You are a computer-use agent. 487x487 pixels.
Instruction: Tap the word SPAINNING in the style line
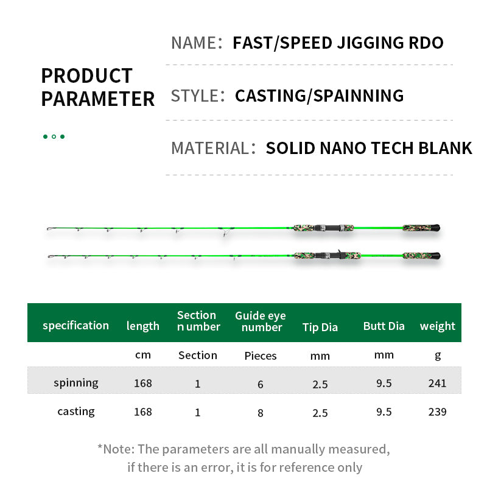pyautogui.click(x=359, y=96)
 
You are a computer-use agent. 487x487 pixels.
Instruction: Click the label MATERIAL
pyautogui.click(x=210, y=148)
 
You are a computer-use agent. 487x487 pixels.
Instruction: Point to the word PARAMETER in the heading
pyautogui.click(x=98, y=99)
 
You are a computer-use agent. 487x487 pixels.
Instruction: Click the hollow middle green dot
pyautogui.click(x=54, y=136)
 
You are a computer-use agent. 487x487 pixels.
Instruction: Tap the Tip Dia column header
pyautogui.click(x=320, y=327)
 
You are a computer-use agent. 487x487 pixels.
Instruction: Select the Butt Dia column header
pyautogui.click(x=384, y=326)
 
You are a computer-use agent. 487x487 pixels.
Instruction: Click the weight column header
pyautogui.click(x=437, y=326)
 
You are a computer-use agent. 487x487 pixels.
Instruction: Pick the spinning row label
pyautogui.click(x=76, y=384)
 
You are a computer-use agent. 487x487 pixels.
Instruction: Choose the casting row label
pyautogui.click(x=76, y=412)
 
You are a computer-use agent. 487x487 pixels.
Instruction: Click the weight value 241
pyautogui.click(x=437, y=384)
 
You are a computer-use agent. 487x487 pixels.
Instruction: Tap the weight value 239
pyautogui.click(x=437, y=412)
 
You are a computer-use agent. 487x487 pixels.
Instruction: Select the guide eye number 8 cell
pyautogui.click(x=261, y=413)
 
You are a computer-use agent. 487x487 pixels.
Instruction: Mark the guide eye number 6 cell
pyautogui.click(x=261, y=385)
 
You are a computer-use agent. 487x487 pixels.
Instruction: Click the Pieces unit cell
pyautogui.click(x=261, y=356)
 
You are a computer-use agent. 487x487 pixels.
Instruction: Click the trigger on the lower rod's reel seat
pyautogui.click(x=340, y=251)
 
